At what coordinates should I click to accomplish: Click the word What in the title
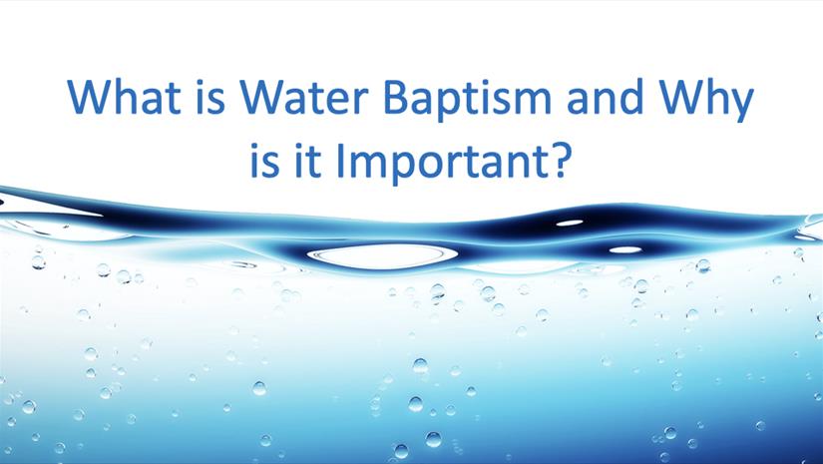[124, 97]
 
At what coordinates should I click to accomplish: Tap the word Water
[304, 97]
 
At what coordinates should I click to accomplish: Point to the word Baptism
[468, 101]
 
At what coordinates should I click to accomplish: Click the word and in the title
[606, 97]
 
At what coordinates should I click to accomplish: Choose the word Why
[707, 101]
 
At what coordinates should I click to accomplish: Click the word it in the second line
[307, 160]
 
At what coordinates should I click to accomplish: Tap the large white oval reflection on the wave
[383, 255]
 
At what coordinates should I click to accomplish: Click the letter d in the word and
[631, 97]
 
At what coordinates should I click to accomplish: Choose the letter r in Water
[361, 101]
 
